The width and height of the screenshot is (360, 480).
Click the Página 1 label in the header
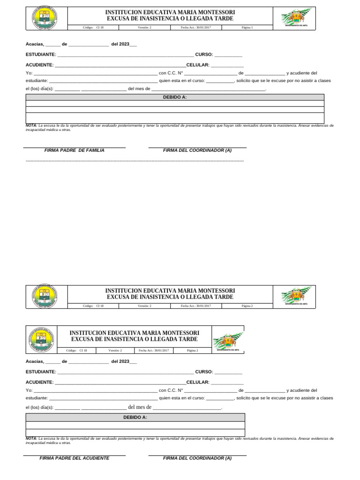pyautogui.click(x=247, y=28)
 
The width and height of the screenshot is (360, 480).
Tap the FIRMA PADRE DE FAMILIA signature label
pyautogui.click(x=74, y=150)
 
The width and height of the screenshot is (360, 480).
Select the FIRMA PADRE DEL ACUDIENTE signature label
pyautogui.click(x=74, y=458)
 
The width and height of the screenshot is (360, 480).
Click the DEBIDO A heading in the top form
pyautogui.click(x=174, y=97)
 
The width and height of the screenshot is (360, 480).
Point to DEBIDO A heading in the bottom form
pyautogui.click(x=135, y=417)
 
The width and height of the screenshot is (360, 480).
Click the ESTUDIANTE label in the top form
pyautogui.click(x=41, y=55)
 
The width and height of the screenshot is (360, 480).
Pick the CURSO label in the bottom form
pyautogui.click(x=204, y=372)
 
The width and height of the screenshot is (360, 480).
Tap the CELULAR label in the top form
pyautogui.click(x=197, y=65)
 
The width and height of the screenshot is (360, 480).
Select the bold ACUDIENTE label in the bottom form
pyautogui.click(x=39, y=382)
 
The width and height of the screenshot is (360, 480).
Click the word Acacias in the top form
pyautogui.click(x=35, y=44)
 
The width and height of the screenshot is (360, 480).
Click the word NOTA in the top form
pyautogui.click(x=31, y=126)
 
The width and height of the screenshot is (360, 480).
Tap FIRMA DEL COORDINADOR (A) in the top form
pyautogui.click(x=197, y=150)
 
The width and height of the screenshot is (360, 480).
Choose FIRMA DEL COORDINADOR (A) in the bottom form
pyautogui.click(x=197, y=458)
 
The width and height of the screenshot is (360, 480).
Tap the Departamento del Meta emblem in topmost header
pyautogui.click(x=295, y=19)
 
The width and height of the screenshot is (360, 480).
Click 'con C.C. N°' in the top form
pyautogui.click(x=171, y=73)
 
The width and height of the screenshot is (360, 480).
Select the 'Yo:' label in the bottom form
pyautogui.click(x=29, y=390)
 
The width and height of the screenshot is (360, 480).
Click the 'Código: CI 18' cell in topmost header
pyautogui.click(x=93, y=28)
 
